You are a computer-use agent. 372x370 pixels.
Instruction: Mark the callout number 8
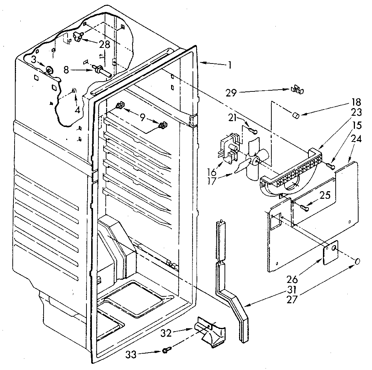coord(66,70)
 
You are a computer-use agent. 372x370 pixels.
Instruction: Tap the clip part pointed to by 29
coord(297,90)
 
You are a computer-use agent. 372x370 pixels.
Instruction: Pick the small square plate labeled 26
coord(331,251)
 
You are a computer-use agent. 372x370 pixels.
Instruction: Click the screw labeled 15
coord(330,166)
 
